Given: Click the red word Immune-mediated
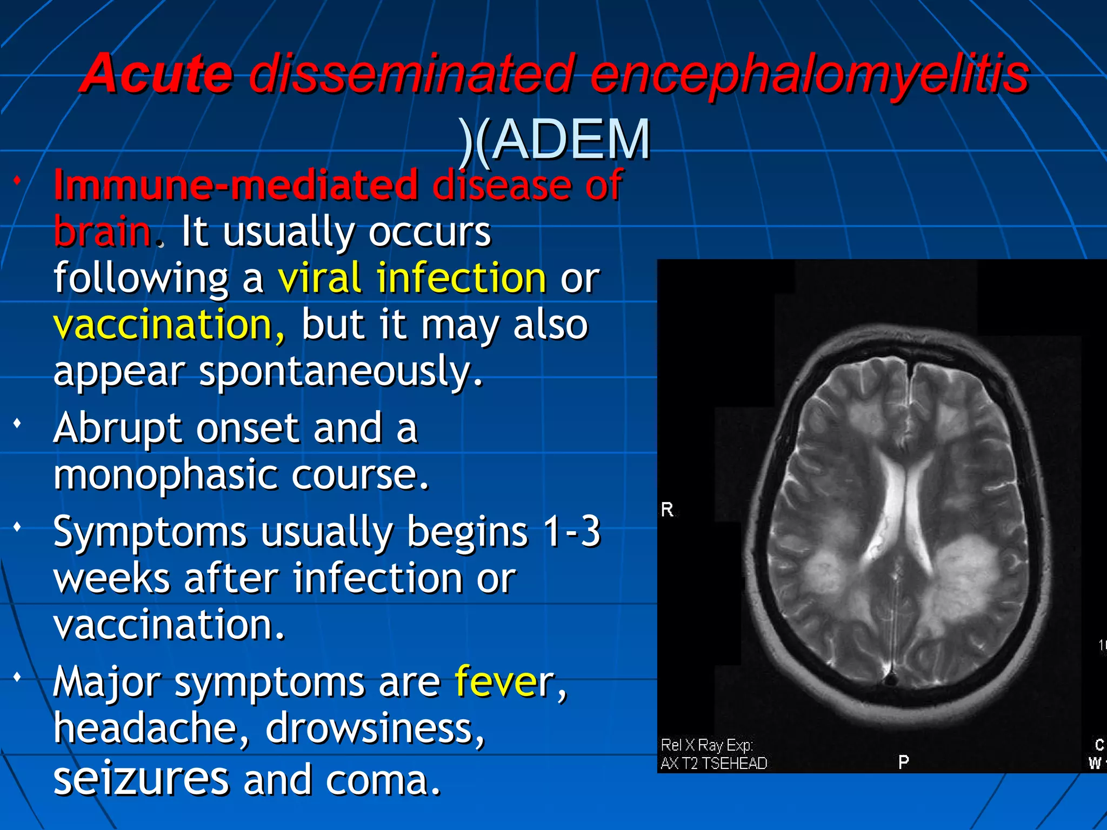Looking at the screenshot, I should (236, 185).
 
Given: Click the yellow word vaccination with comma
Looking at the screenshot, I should (169, 325).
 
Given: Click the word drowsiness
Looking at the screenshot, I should (375, 728).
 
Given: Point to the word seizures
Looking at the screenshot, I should (142, 779).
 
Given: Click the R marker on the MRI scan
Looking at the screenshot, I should (667, 510).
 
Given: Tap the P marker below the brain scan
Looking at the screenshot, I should (903, 762).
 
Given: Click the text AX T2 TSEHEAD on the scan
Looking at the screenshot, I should (713, 763).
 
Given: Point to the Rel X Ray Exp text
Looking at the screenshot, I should (706, 745).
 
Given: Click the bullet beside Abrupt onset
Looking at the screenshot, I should (18, 423).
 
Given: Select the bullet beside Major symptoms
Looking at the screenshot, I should (18, 677).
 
